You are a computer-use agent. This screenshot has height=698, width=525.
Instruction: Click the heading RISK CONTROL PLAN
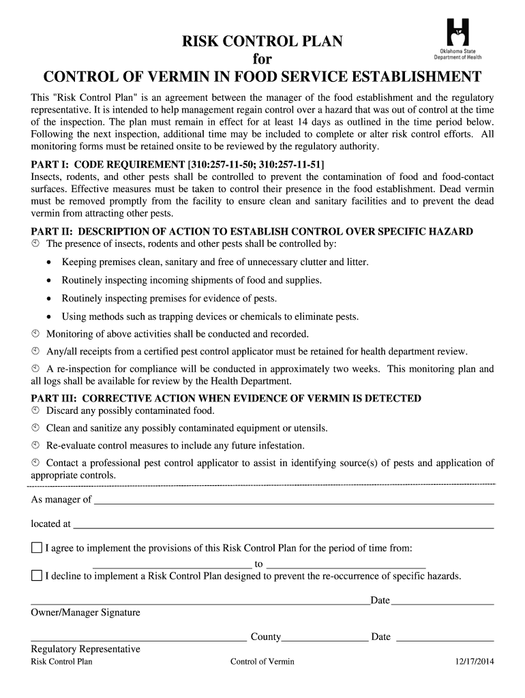pyautogui.click(x=262, y=42)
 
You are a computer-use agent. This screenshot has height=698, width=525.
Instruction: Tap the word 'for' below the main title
pyautogui.click(x=262, y=59)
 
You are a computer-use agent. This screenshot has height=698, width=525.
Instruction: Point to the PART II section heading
pyautogui.click(x=252, y=232)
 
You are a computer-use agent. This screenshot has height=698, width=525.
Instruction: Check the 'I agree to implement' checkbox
pyautogui.click(x=37, y=548)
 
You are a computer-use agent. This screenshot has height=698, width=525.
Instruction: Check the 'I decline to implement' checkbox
pyautogui.click(x=37, y=576)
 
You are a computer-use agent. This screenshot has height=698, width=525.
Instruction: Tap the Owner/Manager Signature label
pyautogui.click(x=85, y=612)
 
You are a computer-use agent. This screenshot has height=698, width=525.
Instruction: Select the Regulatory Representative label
pyautogui.click(x=85, y=649)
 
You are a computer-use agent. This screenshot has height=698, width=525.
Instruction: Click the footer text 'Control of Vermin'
pyautogui.click(x=262, y=662)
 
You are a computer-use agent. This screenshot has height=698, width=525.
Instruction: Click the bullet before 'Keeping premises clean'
pyautogui.click(x=48, y=262)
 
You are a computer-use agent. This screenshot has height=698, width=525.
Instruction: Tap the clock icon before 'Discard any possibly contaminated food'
pyautogui.click(x=36, y=411)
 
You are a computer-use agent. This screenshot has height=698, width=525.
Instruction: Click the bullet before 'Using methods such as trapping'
pyautogui.click(x=48, y=317)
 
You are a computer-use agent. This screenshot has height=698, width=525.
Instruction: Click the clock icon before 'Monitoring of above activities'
pyautogui.click(x=36, y=334)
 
